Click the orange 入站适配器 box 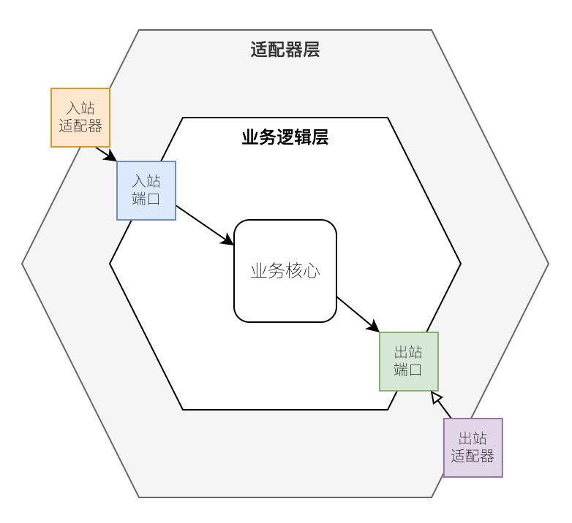(80, 118)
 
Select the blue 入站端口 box (146, 191)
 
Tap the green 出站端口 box (409, 362)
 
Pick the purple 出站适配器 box (473, 448)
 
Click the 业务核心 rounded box (285, 271)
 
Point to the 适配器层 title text (285, 50)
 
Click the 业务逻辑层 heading (285, 137)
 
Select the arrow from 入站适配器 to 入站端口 (106, 154)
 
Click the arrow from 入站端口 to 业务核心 (205, 226)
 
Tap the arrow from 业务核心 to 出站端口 (358, 314)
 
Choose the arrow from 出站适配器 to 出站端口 (441, 405)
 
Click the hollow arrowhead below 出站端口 (436, 397)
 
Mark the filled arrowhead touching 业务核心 (228, 240)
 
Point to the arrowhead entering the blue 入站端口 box (111, 156)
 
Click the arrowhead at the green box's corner (373, 326)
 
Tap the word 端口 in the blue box (146, 199)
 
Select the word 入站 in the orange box (80, 108)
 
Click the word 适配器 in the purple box (473, 457)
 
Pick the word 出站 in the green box (409, 352)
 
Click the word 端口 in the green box (409, 370)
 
